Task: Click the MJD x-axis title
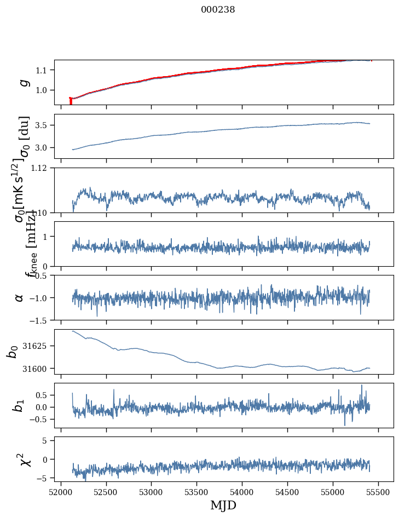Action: click(x=223, y=505)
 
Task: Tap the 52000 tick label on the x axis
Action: click(x=61, y=490)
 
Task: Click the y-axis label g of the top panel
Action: click(x=24, y=82)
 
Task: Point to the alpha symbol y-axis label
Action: click(x=19, y=297)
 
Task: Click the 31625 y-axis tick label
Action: click(x=37, y=346)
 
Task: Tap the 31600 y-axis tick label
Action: click(x=37, y=369)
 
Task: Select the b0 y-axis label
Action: click(x=13, y=351)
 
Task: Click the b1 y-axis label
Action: click(x=19, y=405)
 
